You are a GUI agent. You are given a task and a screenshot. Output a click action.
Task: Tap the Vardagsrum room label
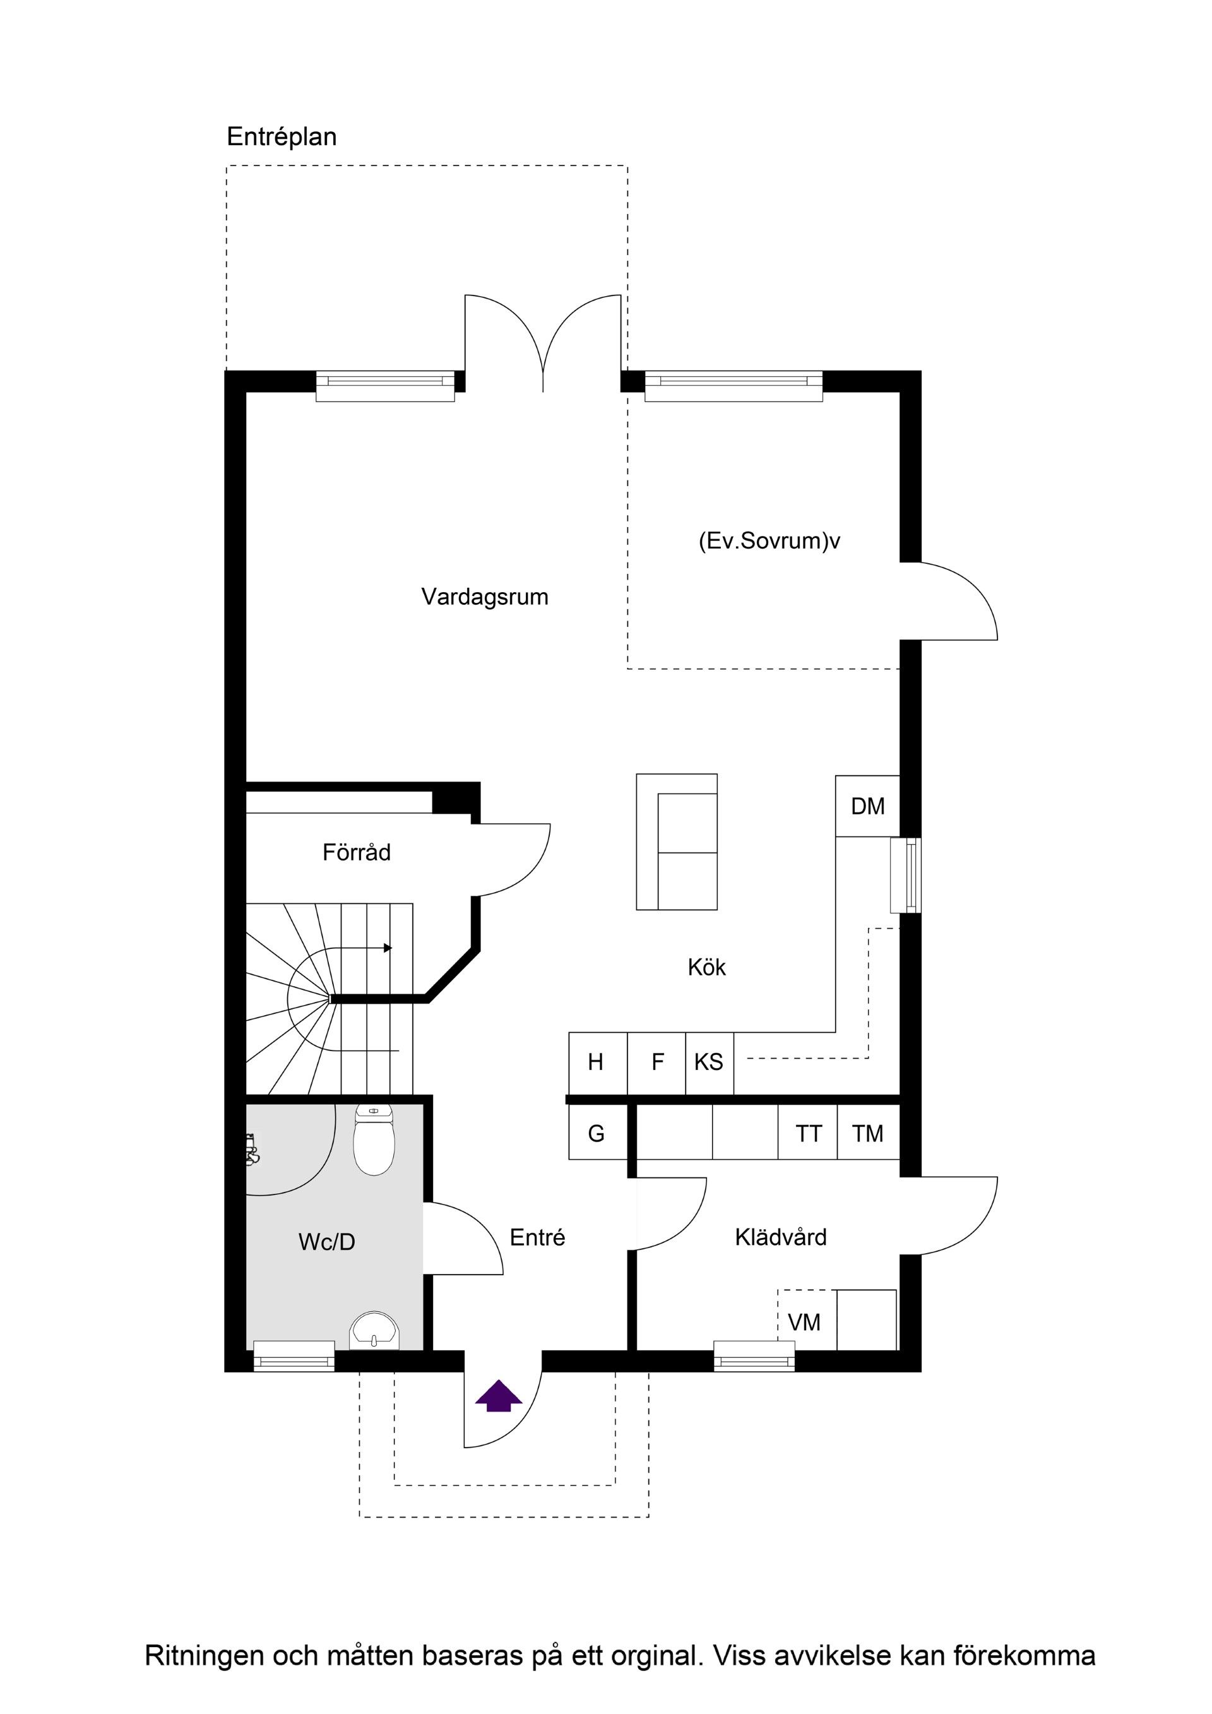click(x=484, y=597)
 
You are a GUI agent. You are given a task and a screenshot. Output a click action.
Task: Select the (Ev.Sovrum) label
click(x=765, y=540)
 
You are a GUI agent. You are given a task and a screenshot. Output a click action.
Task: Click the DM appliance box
click(x=867, y=806)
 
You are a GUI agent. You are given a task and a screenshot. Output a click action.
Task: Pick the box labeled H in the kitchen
click(x=598, y=1063)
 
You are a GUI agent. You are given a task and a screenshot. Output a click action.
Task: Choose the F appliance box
click(x=656, y=1063)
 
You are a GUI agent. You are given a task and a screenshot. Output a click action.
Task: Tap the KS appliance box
click(x=710, y=1063)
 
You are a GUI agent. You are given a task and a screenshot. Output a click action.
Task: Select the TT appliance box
click(x=807, y=1134)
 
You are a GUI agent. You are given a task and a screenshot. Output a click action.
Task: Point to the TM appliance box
click(x=868, y=1134)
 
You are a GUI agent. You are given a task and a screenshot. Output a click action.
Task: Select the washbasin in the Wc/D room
click(x=374, y=1331)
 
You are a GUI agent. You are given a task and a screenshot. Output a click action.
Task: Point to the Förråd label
click(x=356, y=852)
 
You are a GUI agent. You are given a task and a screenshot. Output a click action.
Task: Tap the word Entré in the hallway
click(x=537, y=1238)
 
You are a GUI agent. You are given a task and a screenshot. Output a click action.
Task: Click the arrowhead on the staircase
click(x=388, y=948)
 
